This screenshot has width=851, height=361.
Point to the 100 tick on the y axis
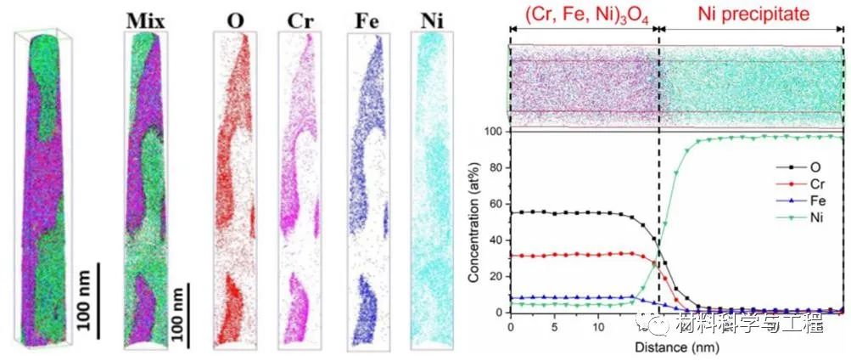coord(495,132)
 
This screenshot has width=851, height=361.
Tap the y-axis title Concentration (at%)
coord(480,223)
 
